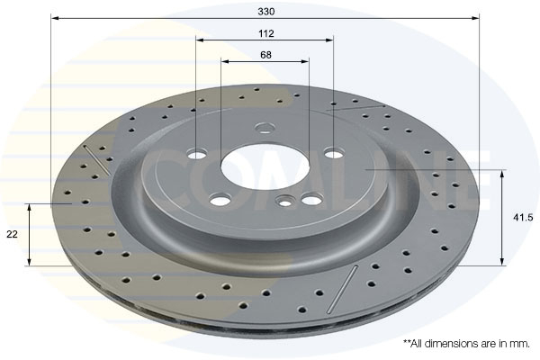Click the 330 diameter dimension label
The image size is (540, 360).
coord(266,12)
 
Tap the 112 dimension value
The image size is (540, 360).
coord(266,33)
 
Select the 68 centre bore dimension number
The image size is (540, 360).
coord(265,55)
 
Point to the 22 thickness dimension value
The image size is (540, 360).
coord(12,234)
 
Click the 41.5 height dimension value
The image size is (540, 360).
coord(523,218)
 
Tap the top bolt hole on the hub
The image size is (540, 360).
coord(265,128)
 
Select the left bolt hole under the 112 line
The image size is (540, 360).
coord(197,154)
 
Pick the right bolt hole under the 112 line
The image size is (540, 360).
coord(334,152)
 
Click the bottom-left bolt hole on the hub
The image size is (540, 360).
coord(220,200)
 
